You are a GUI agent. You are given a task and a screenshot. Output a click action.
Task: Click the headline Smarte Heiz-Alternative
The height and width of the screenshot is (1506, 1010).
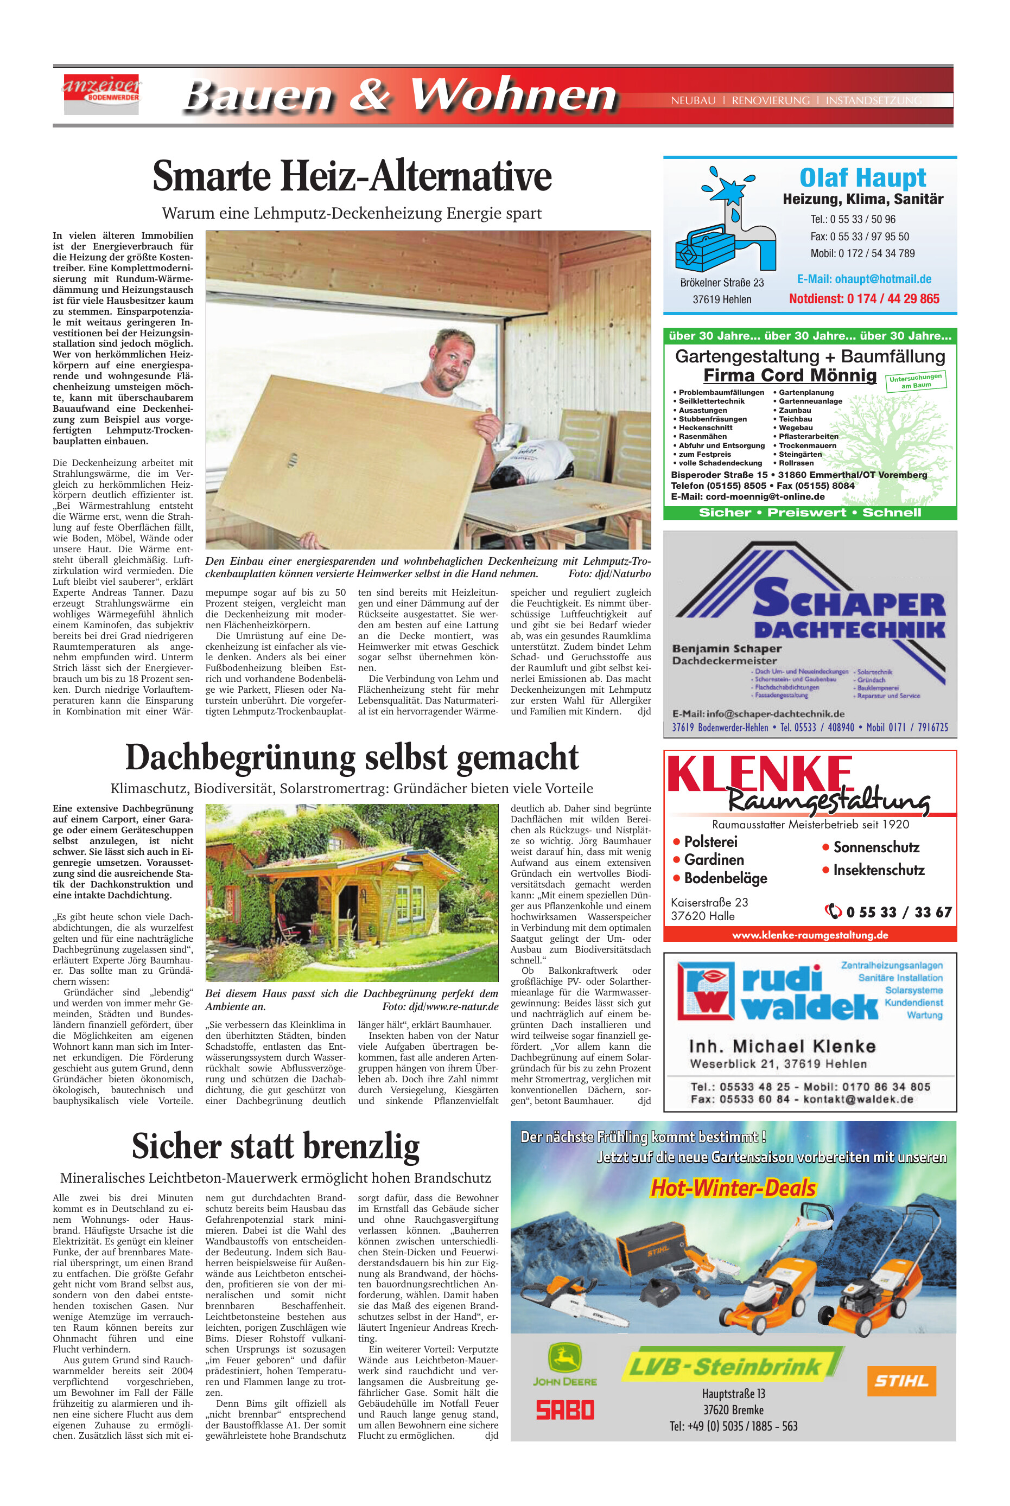pos(352,176)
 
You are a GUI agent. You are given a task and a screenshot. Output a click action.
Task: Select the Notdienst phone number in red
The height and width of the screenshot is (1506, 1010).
pos(864,299)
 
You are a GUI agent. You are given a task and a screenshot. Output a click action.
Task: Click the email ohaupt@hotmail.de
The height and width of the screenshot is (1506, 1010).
pos(864,279)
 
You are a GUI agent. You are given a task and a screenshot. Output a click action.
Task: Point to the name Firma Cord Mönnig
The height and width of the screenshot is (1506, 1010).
pos(790,375)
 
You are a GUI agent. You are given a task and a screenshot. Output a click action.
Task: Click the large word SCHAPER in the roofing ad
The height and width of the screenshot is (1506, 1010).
pos(849,599)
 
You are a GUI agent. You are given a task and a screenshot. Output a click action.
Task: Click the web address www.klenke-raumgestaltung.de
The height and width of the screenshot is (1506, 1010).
pos(810,935)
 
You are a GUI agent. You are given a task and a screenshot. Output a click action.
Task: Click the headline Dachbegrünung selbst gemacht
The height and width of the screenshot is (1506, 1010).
pos(352,758)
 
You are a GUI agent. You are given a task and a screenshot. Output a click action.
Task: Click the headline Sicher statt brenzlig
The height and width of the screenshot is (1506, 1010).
pos(276,1147)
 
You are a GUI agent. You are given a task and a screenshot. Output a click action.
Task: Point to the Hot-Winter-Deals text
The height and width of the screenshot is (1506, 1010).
pos(733,1188)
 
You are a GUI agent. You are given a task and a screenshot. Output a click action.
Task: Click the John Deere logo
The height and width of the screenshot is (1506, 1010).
pos(564,1364)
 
